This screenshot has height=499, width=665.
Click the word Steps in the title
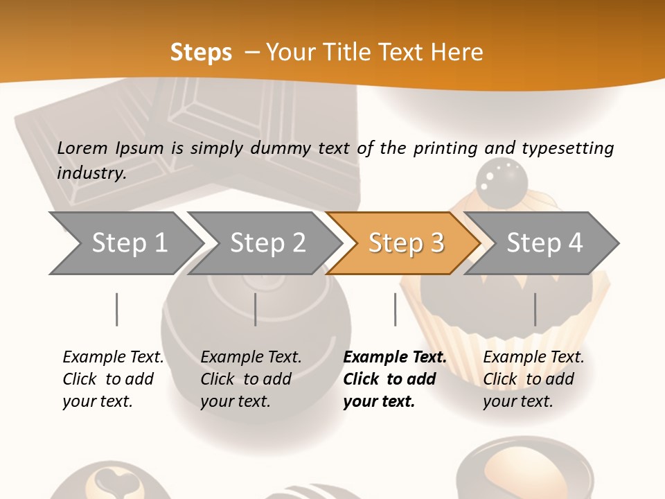(x=201, y=53)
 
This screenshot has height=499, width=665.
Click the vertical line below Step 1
(x=117, y=309)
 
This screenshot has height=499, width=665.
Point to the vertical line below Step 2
(x=256, y=309)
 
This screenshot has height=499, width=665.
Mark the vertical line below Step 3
(x=396, y=309)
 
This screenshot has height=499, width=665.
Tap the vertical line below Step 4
(x=535, y=309)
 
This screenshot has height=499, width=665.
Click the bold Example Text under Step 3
(x=395, y=358)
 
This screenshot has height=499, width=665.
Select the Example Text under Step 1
(x=113, y=358)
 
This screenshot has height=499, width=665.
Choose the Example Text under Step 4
(x=533, y=358)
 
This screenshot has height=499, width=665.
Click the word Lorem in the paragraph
(x=82, y=148)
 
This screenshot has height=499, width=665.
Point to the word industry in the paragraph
(x=90, y=173)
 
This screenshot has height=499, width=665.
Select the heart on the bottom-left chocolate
(x=109, y=478)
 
